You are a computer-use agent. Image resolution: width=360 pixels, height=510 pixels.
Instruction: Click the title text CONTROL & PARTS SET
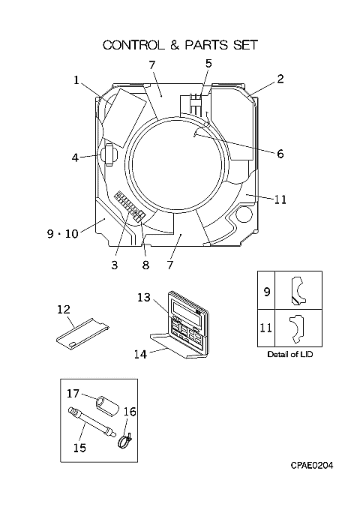(180, 45)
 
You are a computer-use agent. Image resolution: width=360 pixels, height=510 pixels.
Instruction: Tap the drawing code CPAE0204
(312, 466)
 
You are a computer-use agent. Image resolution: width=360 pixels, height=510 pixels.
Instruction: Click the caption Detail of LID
(289, 354)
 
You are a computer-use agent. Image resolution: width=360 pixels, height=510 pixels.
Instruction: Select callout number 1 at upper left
(76, 79)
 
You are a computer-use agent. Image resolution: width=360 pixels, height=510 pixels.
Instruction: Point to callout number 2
(280, 79)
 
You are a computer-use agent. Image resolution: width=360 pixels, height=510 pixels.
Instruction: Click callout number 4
(76, 157)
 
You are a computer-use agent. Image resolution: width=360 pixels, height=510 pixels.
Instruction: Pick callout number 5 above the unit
(208, 63)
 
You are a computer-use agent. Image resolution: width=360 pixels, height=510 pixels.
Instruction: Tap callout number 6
(280, 153)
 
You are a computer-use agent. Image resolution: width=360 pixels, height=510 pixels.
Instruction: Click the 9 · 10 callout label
(63, 233)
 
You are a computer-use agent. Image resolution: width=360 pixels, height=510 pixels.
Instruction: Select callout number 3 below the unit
(114, 265)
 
